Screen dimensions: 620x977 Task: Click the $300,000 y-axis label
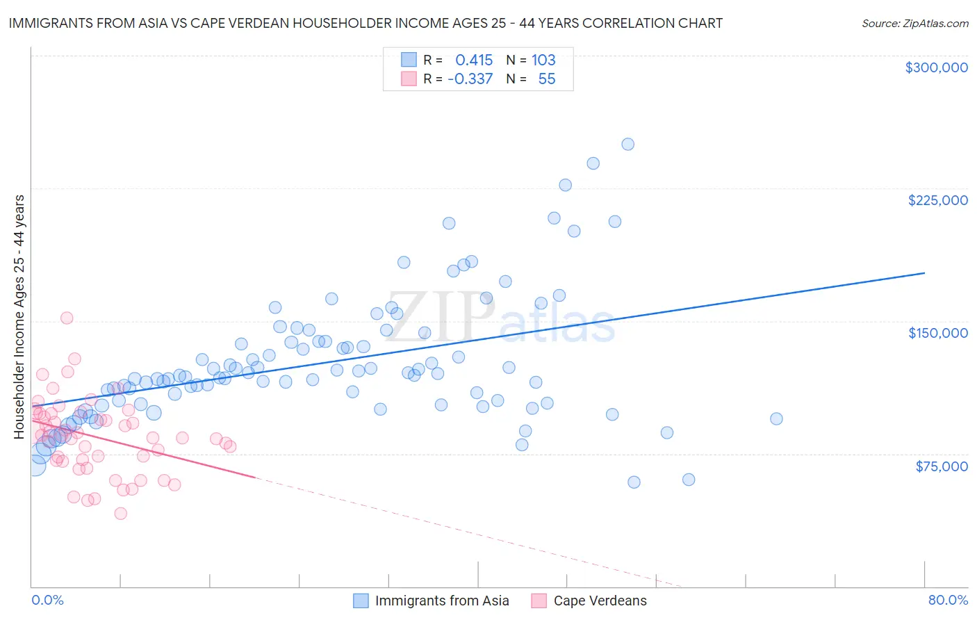(x=936, y=67)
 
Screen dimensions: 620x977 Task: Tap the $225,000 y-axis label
(x=937, y=200)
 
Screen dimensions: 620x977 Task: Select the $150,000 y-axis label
(x=937, y=333)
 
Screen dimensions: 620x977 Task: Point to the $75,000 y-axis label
(x=941, y=466)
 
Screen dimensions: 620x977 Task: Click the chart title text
(x=366, y=23)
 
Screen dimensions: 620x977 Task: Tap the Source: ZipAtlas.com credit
(x=914, y=23)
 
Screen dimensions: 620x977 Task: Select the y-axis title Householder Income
(x=19, y=317)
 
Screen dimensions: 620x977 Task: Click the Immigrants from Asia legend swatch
(x=361, y=601)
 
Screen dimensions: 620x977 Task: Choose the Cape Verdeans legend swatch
(x=539, y=601)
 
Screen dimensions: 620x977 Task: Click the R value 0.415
(x=474, y=60)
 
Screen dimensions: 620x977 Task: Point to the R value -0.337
(x=470, y=79)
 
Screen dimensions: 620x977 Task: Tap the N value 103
(x=543, y=60)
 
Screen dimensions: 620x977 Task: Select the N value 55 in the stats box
(x=546, y=79)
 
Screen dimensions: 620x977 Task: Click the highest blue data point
(x=627, y=145)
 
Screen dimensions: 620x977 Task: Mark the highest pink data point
(x=67, y=318)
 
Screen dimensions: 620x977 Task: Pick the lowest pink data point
(x=120, y=514)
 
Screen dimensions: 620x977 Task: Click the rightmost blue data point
(x=776, y=418)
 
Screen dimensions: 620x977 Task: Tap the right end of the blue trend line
(x=924, y=273)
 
